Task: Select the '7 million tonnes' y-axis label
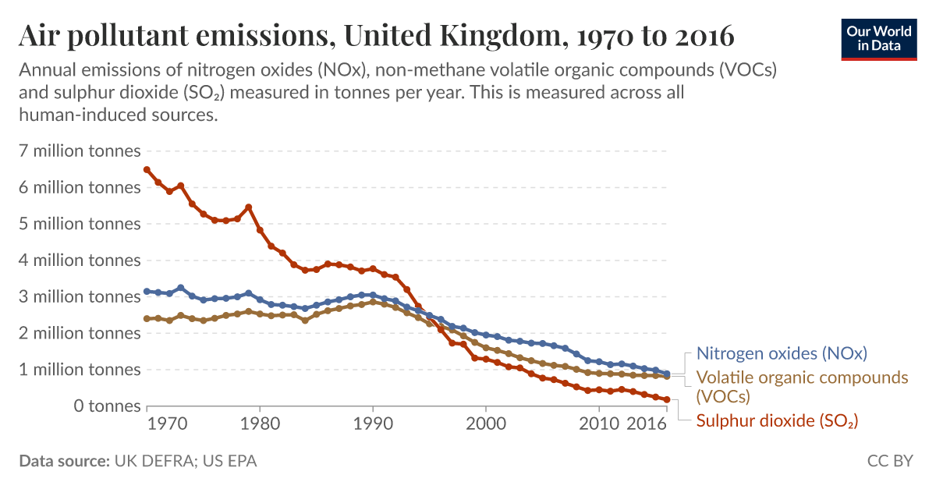pyautogui.click(x=80, y=151)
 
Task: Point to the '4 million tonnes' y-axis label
pyautogui.click(x=80, y=260)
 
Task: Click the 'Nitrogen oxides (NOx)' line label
pyautogui.click(x=782, y=353)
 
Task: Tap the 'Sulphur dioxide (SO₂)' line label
pyautogui.click(x=777, y=421)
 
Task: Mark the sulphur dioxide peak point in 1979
pyautogui.click(x=248, y=207)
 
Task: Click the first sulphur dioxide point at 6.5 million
pyautogui.click(x=147, y=169)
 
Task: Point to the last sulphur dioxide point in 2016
pyautogui.click(x=667, y=399)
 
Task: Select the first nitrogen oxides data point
pyautogui.click(x=147, y=292)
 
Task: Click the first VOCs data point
pyautogui.click(x=147, y=318)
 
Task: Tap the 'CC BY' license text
pyautogui.click(x=889, y=461)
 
